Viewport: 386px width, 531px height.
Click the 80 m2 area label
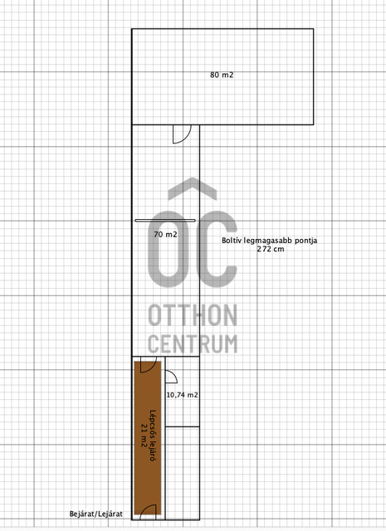[x=222, y=75]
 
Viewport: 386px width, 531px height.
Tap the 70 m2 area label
[x=165, y=234]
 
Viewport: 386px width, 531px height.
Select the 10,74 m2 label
[x=183, y=395]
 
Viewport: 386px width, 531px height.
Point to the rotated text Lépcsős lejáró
[x=154, y=436]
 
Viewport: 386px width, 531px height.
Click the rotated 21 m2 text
[x=144, y=435]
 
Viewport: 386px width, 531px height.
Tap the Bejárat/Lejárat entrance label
[x=96, y=514]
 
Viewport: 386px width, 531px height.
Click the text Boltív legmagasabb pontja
[x=270, y=241]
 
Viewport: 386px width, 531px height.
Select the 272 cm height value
[x=270, y=249]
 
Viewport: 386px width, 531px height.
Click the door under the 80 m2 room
[x=182, y=134]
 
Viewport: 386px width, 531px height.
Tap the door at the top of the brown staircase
[x=149, y=364]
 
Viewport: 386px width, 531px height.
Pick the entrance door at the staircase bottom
[x=148, y=512]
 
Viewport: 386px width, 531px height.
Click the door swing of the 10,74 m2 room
[x=171, y=377]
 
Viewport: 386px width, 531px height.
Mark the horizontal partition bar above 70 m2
[x=165, y=221]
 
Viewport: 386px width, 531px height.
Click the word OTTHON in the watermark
[x=193, y=315]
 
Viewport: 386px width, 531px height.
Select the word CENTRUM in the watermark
[x=193, y=343]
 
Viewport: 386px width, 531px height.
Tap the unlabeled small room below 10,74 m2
[x=183, y=473]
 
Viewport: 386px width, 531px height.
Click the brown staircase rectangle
[x=148, y=438]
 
